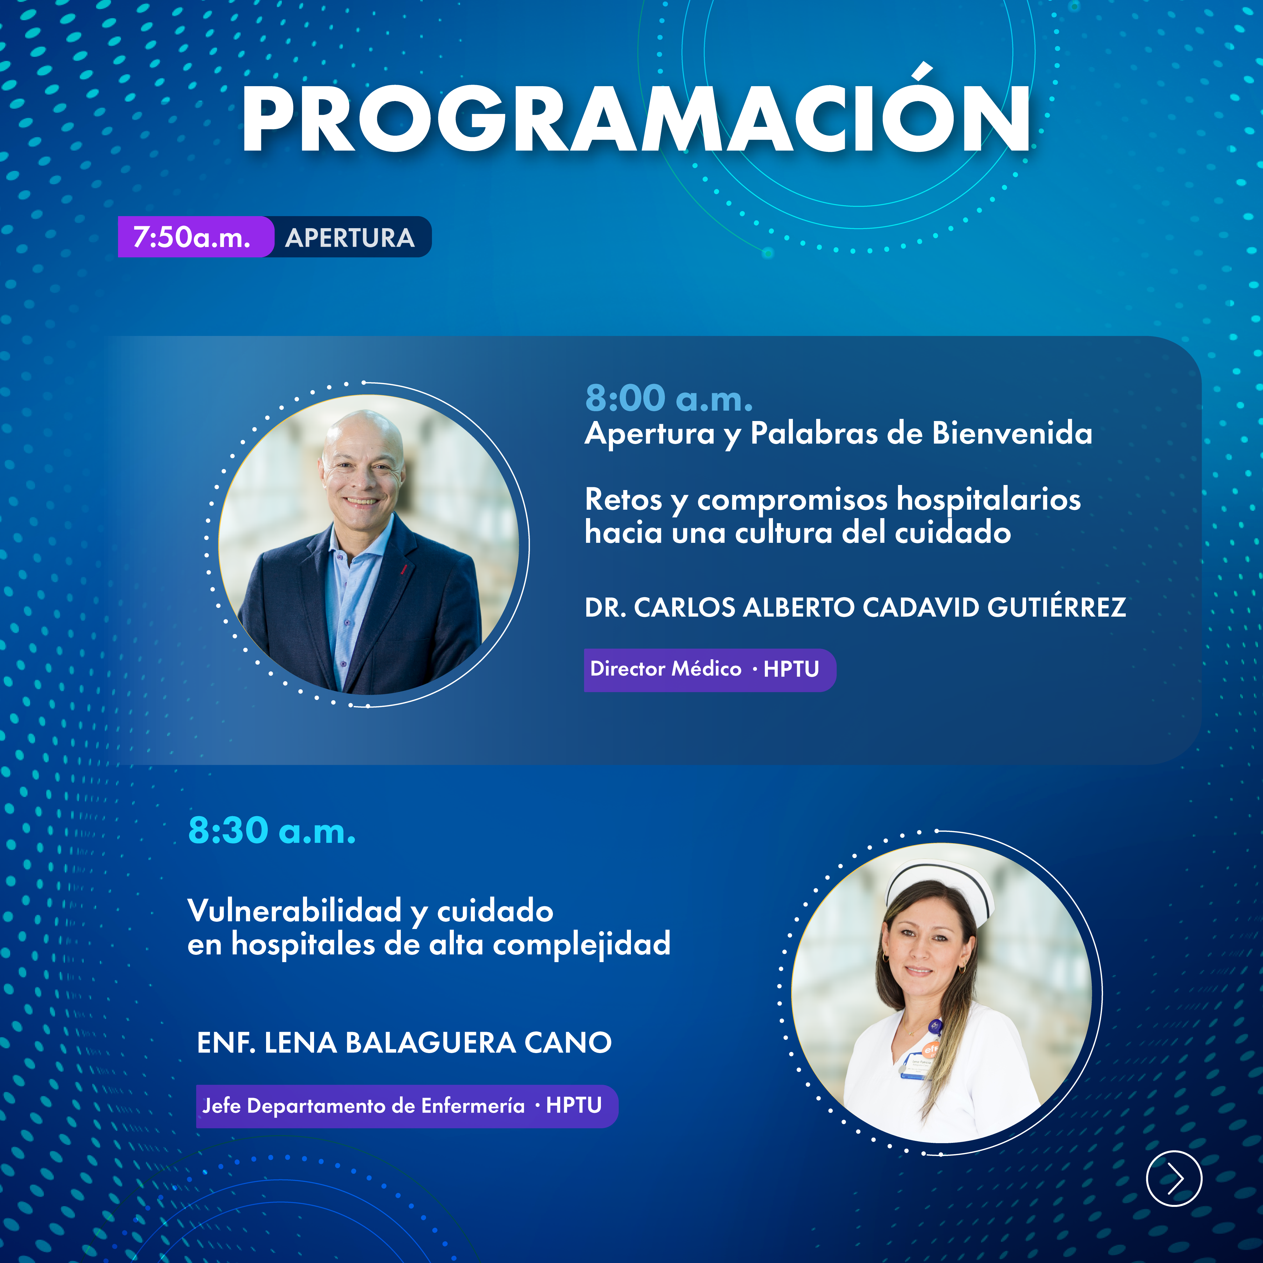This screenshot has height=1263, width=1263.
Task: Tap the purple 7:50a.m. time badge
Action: pyautogui.click(x=195, y=237)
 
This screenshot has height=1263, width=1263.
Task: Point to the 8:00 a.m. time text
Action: pyautogui.click(x=669, y=398)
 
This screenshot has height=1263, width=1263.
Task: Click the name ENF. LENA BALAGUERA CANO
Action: pyautogui.click(x=404, y=1043)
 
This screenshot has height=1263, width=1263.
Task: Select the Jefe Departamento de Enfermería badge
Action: pyautogui.click(x=407, y=1106)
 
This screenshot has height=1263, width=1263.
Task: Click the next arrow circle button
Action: pyautogui.click(x=1174, y=1178)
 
